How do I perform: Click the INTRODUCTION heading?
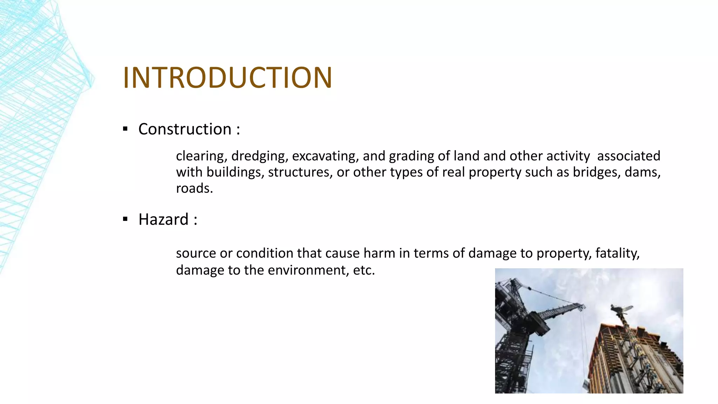(227, 78)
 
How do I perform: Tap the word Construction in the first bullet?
(185, 129)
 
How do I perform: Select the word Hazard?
(163, 220)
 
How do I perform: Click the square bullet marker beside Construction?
(125, 129)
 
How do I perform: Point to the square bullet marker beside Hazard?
(125, 220)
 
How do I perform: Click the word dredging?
(259, 156)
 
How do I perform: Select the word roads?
(194, 188)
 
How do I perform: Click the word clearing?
(201, 156)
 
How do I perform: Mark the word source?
(196, 253)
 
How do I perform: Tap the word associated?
(628, 156)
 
